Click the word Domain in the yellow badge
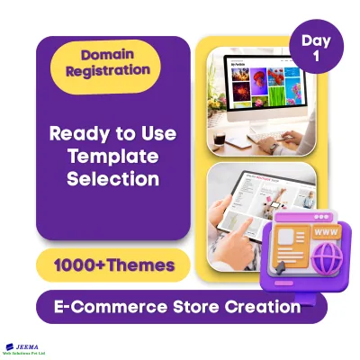coord(109,54)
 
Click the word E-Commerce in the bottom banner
coord(109,307)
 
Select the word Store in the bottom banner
coord(198,307)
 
